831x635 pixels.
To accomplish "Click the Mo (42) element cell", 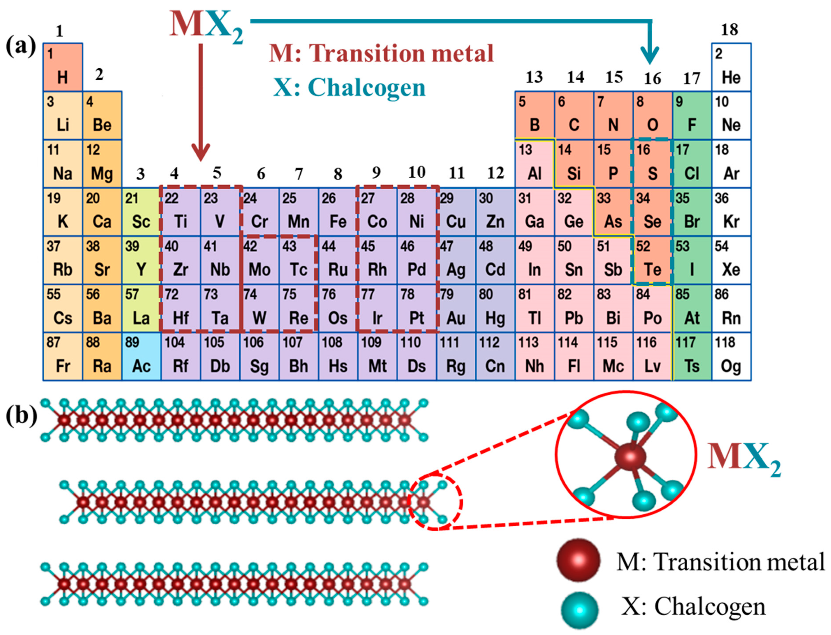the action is (259, 260).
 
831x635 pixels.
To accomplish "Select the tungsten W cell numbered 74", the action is (259, 308).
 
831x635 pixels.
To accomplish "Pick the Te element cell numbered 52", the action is (652, 260).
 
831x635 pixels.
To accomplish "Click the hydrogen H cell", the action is (63, 67).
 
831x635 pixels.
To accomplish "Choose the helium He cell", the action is (731, 67).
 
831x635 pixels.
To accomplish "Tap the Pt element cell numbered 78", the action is (417, 308).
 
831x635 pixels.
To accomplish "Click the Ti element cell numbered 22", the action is (181, 212).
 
